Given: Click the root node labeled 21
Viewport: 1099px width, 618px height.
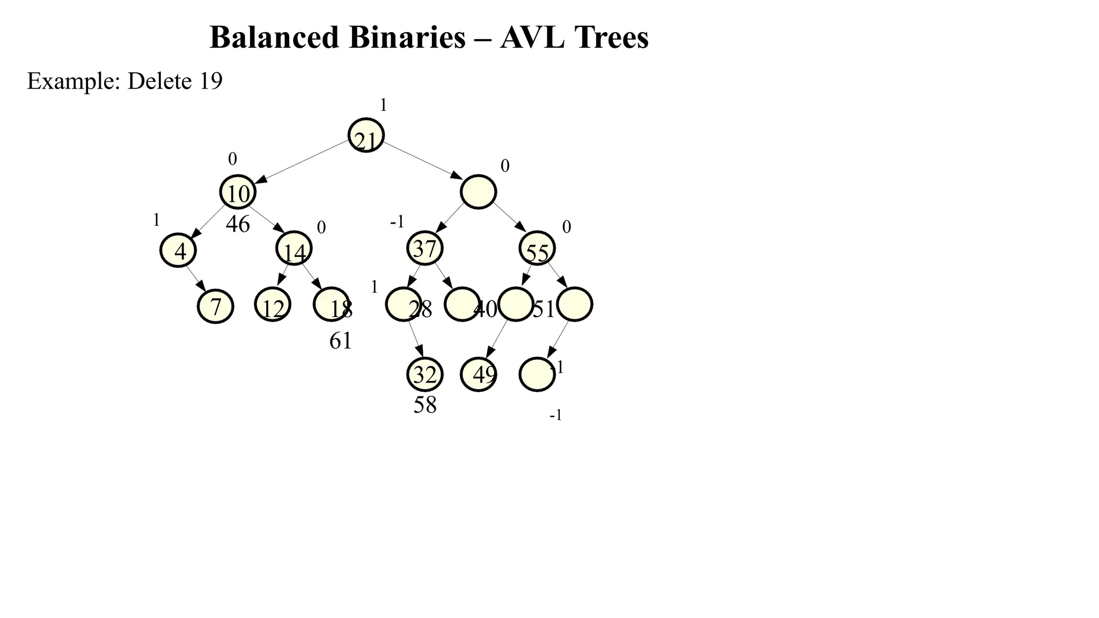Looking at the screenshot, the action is click(366, 136).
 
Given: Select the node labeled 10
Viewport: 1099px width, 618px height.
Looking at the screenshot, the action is click(238, 192).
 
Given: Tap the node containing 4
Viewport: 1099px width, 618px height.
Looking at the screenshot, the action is click(178, 251).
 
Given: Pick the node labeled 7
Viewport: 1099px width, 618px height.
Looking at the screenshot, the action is click(215, 306).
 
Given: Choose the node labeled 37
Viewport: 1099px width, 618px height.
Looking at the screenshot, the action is click(425, 248).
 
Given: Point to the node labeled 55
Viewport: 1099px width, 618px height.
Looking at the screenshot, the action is click(537, 249).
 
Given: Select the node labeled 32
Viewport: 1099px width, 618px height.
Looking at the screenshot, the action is click(424, 374).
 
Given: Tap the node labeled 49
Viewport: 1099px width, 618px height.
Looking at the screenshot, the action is click(479, 374).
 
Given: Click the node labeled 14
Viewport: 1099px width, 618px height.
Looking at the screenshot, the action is click(294, 249).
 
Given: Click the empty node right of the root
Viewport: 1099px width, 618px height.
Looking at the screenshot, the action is click(478, 192).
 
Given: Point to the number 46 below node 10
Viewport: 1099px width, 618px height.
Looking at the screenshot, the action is click(238, 224).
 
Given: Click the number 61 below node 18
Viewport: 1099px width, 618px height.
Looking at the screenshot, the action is click(340, 341).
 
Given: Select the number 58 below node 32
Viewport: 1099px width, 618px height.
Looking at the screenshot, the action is click(424, 405).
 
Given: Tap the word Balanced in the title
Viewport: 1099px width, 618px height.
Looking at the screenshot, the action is click(274, 38).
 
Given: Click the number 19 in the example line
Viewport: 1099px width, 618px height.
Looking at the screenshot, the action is click(211, 81).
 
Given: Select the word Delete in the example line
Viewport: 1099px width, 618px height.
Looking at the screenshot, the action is click(159, 81).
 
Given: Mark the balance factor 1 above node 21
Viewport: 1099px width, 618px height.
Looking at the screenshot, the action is click(383, 105).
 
